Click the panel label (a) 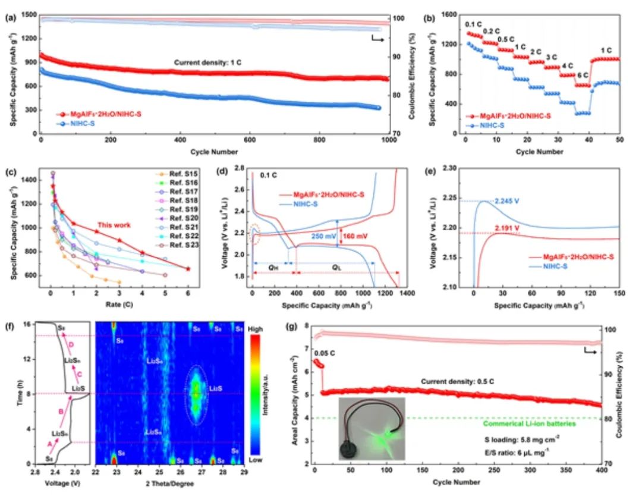[x=10, y=17]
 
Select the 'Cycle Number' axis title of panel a [x=215, y=152]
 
